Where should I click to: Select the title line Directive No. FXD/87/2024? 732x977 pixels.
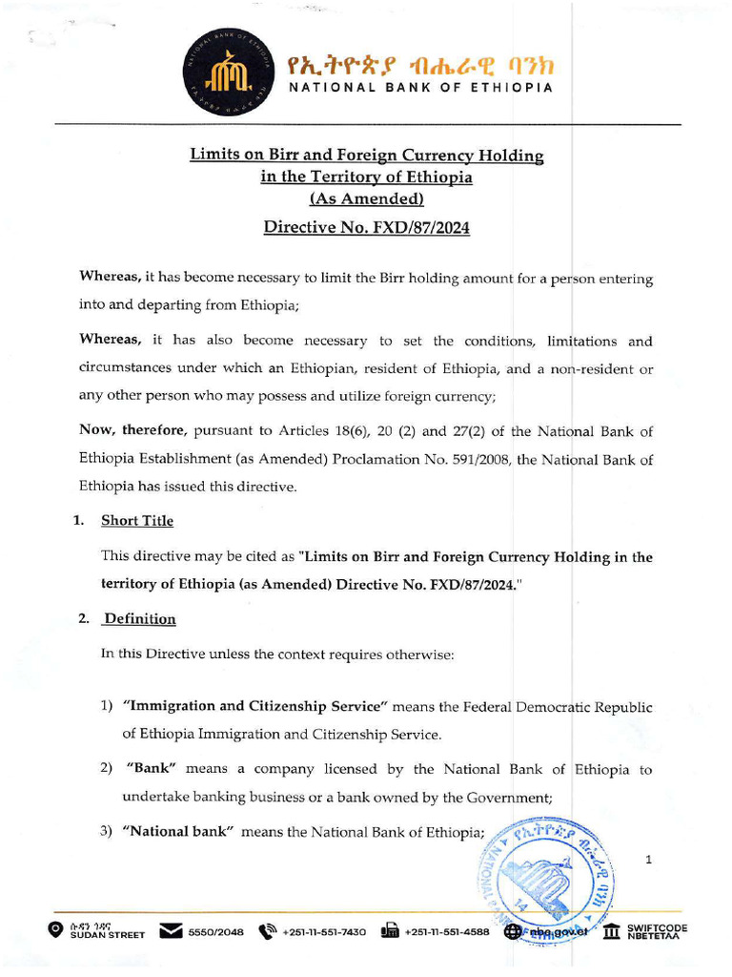(x=366, y=228)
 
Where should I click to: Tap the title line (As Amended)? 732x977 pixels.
(x=366, y=199)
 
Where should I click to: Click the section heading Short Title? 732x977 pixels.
(x=137, y=521)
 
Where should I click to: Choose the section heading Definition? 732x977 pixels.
(x=139, y=619)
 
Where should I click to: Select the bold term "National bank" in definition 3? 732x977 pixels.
(x=178, y=832)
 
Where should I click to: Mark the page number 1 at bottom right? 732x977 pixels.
(x=648, y=861)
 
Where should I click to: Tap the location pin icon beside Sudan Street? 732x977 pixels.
(x=56, y=930)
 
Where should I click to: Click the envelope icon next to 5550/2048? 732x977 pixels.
(x=172, y=931)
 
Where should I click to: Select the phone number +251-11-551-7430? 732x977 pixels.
(x=324, y=932)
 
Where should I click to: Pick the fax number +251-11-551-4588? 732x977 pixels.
(x=446, y=932)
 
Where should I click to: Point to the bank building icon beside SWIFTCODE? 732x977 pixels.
(x=612, y=931)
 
